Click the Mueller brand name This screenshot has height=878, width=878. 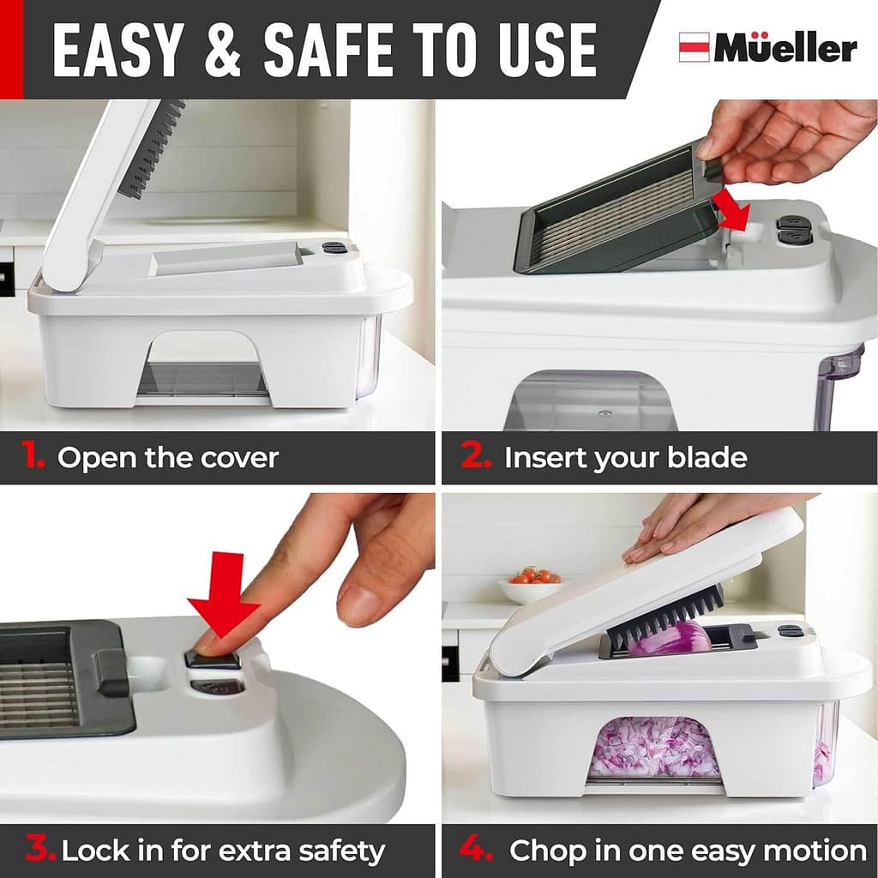[x=785, y=49]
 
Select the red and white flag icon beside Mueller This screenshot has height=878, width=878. [x=694, y=47]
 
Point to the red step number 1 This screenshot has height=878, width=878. [x=33, y=457]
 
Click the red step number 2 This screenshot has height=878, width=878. [x=476, y=457]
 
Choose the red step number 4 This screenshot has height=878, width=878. [x=476, y=851]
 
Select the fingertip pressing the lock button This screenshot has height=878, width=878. [x=206, y=643]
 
